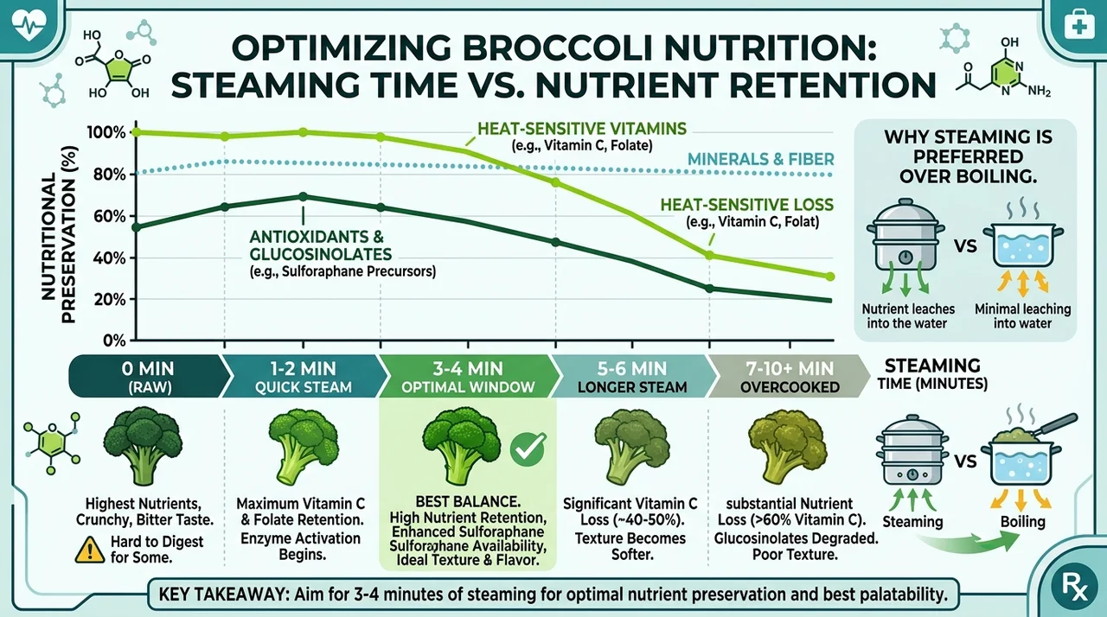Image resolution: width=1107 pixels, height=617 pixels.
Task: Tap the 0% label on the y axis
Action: click(114, 341)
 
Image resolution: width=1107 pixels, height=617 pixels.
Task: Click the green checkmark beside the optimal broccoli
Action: click(528, 449)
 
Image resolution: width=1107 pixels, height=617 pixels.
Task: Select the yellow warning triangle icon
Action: click(89, 550)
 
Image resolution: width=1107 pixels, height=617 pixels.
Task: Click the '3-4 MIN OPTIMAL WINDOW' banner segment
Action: click(468, 377)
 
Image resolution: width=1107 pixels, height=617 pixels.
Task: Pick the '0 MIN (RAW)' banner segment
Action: click(148, 377)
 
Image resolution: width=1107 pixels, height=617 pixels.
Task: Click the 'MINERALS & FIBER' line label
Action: click(760, 159)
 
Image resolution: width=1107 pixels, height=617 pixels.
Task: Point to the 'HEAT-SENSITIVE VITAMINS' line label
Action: click(582, 129)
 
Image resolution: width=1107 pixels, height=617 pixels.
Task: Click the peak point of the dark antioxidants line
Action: click(303, 196)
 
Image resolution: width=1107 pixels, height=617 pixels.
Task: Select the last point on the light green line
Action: click(829, 277)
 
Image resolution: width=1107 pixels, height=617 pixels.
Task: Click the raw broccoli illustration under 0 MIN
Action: click(143, 445)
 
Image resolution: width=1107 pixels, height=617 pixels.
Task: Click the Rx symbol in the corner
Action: click(1075, 586)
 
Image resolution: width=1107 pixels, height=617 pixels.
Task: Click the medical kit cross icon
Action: click(1078, 25)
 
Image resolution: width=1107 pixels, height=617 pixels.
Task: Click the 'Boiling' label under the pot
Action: click(1022, 522)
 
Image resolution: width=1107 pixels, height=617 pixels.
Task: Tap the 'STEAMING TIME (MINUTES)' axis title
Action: click(932, 374)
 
